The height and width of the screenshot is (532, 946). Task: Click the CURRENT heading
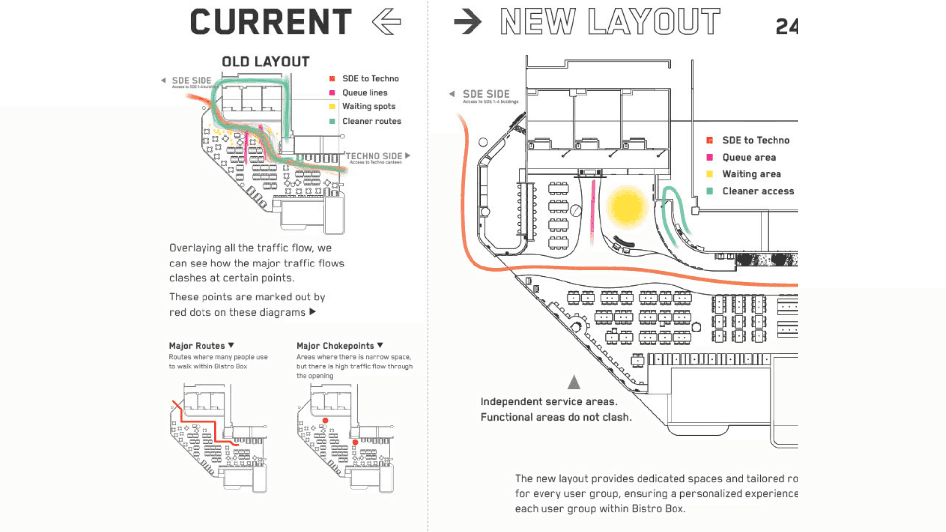coord(270,22)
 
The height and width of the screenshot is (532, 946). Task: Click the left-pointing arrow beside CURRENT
coord(386,22)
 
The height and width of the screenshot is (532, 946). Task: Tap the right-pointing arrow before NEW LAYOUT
coord(467,22)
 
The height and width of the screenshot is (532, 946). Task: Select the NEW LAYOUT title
coord(610,22)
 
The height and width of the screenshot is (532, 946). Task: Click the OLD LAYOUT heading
coord(266,62)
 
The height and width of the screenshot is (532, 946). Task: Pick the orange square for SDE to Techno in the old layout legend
coord(332,79)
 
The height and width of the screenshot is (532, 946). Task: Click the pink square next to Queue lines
coord(332,93)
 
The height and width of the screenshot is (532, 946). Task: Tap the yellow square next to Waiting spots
coord(332,106)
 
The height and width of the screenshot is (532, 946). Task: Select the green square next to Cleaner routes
coord(332,121)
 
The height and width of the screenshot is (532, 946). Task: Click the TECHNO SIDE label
coord(374,156)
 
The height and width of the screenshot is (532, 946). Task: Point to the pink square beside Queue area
coord(709,157)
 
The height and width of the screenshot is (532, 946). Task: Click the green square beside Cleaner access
coord(709,191)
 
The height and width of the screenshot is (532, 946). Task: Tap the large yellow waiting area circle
coord(626,207)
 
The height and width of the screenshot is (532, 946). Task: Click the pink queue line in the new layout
coord(593,212)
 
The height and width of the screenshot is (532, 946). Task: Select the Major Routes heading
coord(197,346)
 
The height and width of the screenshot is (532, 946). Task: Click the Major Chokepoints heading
coord(336,346)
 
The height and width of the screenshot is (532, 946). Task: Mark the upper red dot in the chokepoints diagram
coord(325,420)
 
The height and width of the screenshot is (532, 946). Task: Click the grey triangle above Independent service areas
coord(574,382)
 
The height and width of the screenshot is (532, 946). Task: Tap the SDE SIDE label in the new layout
coord(486,94)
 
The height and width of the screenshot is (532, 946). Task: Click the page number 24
coord(786,27)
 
